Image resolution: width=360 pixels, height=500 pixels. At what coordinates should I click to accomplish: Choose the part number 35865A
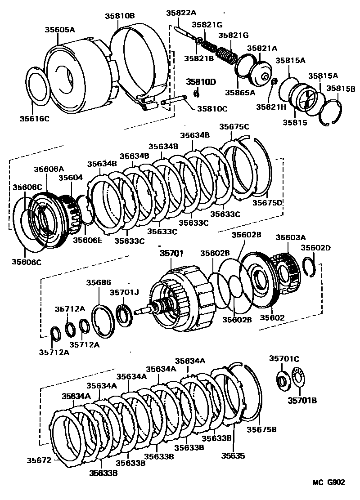coord(240,92)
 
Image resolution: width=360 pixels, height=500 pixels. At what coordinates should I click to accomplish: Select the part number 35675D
coord(267,203)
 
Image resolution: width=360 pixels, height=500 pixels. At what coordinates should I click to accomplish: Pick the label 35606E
coord(87,240)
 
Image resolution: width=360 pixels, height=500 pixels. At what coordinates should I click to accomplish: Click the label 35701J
coord(124,292)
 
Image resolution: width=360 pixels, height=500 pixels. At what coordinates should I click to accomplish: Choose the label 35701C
coord(284,358)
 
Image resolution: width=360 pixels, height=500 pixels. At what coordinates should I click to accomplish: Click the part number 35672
coord(39,460)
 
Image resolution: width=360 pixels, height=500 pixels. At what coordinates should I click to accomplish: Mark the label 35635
coord(233,455)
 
